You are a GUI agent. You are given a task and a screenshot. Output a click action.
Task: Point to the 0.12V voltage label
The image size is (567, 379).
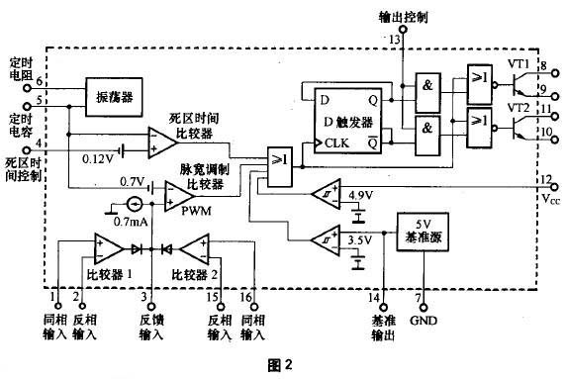tap(98, 157)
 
